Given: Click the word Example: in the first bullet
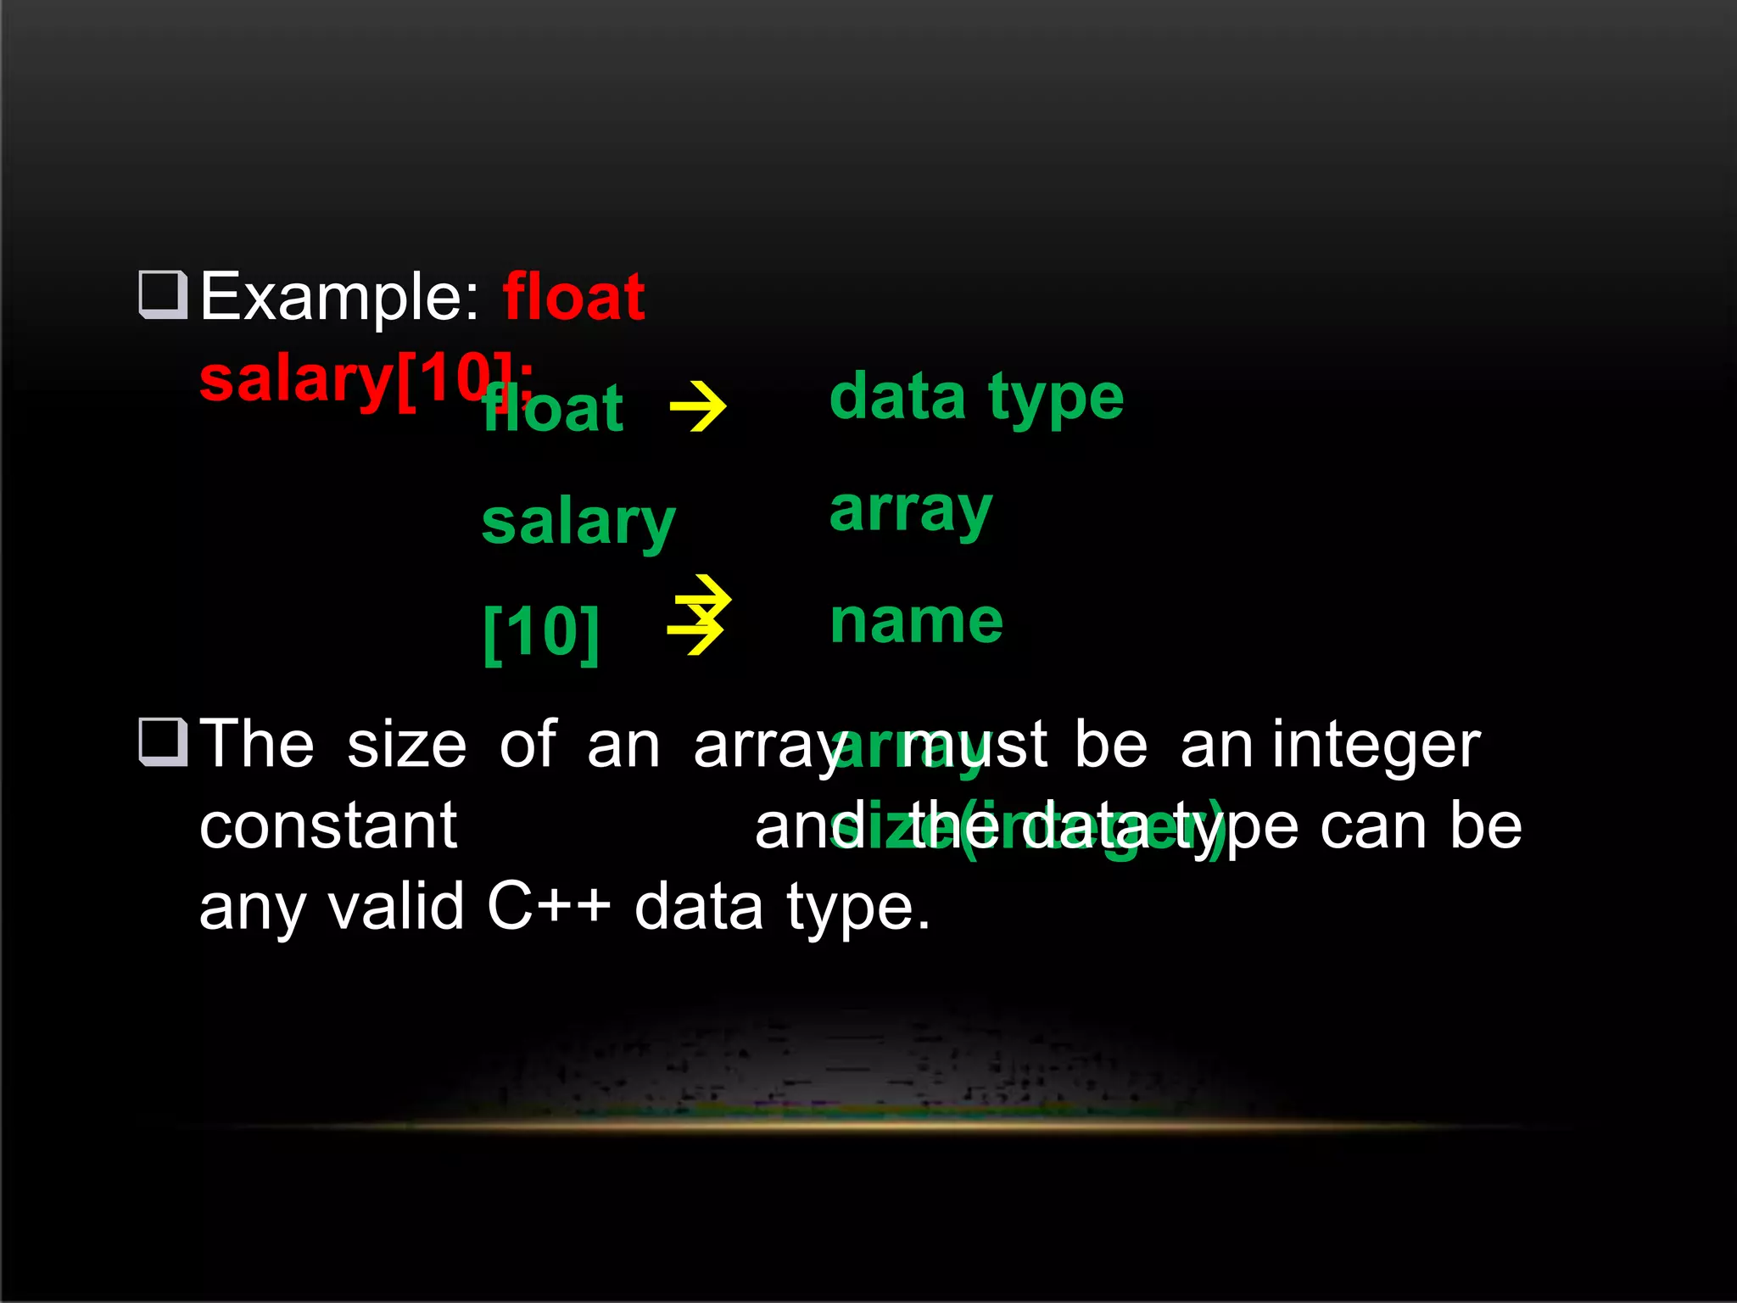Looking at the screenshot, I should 339,297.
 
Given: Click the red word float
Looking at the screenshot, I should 573,297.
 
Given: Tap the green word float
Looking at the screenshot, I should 553,409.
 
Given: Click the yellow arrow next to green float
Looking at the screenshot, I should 697,407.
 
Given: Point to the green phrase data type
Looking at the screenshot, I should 976,397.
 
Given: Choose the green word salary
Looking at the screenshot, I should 578,523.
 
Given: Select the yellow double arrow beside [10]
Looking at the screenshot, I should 699,615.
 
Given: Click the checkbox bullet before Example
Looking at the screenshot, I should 163,294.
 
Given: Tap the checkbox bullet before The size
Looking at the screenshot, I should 163,741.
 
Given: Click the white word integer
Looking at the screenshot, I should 1375,745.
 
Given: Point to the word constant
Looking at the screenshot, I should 328,825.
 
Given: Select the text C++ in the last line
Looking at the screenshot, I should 549,906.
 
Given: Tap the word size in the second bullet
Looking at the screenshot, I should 406,745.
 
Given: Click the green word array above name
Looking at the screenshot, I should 910,511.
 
